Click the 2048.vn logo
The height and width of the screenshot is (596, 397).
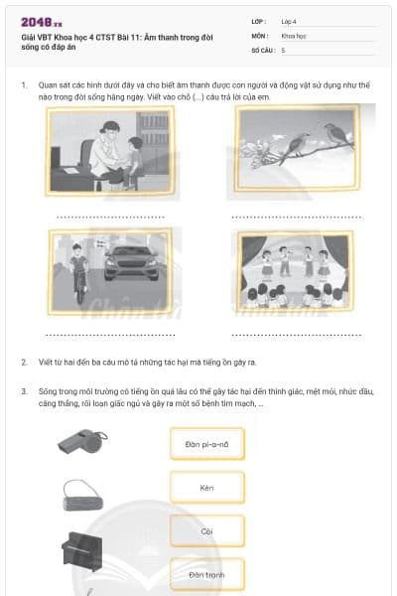42,23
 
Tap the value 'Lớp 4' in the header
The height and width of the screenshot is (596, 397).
289,22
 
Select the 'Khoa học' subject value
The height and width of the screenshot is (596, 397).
294,36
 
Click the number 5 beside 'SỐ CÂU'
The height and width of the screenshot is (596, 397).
283,51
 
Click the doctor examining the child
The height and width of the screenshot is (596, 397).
106,152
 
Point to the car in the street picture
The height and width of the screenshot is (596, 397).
131,263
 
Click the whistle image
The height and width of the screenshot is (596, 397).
82,441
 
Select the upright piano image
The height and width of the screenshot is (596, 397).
82,551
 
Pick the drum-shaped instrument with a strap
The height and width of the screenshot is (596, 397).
82,496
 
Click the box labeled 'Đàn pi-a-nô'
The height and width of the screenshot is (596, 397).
207,444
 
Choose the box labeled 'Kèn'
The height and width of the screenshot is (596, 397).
207,488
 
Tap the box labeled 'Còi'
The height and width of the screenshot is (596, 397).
207,531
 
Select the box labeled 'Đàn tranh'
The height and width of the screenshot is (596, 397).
207,575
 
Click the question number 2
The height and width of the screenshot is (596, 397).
24,363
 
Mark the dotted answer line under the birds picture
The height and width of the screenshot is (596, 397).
297,218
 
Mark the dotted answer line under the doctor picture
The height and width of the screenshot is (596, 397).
110,218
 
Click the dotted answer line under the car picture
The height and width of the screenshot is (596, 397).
110,336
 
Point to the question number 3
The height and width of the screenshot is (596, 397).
24,391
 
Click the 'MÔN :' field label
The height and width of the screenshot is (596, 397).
260,36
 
